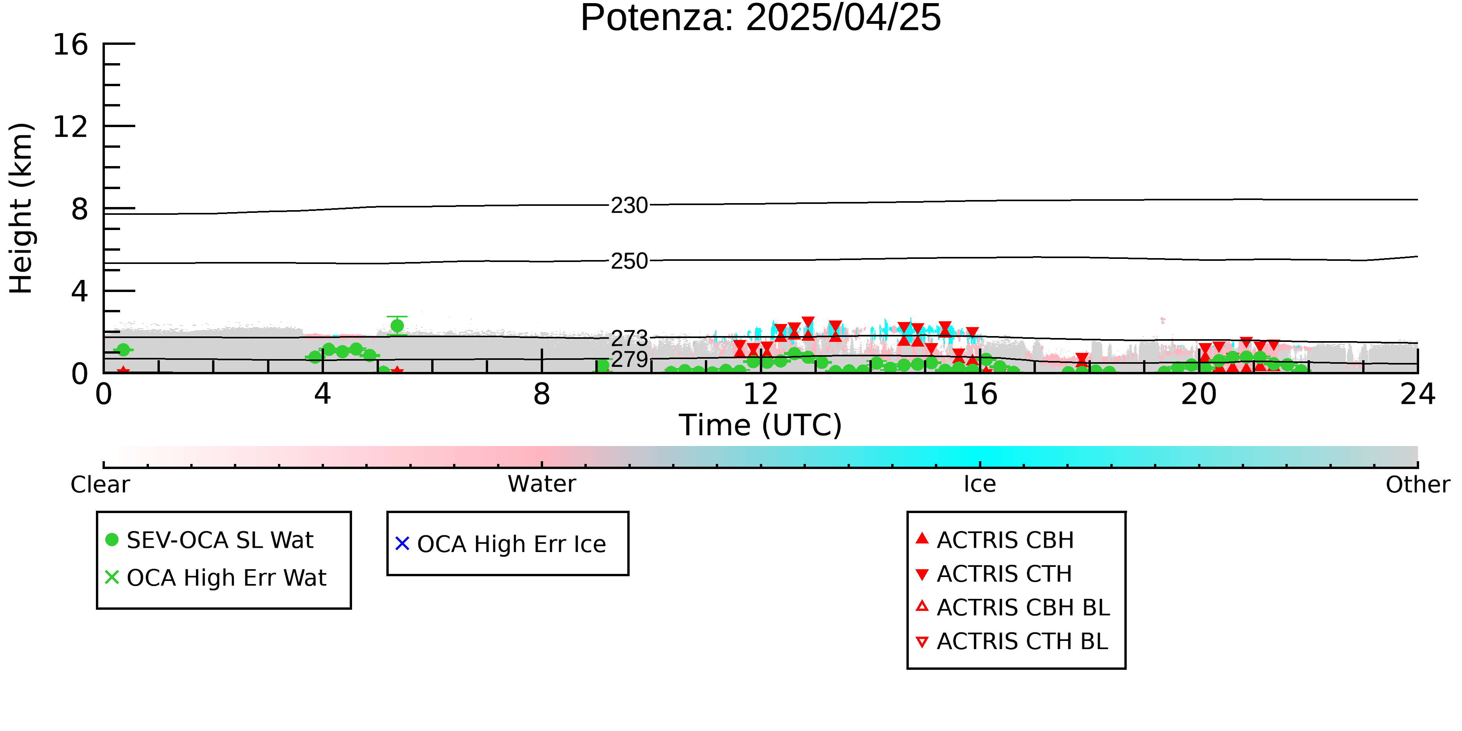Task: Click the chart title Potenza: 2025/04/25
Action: click(761, 18)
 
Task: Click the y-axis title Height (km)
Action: click(21, 208)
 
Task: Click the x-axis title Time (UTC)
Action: click(761, 425)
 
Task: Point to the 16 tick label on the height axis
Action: click(71, 44)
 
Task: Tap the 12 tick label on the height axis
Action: click(71, 127)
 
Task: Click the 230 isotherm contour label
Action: click(629, 205)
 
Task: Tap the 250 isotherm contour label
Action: click(629, 261)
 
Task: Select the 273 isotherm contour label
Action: click(629, 339)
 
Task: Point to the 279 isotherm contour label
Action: click(629, 359)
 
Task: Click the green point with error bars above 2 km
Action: click(397, 326)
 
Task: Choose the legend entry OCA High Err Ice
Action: click(501, 544)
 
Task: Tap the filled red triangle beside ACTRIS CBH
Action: click(922, 538)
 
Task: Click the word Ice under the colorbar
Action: click(980, 484)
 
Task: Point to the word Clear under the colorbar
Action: click(100, 485)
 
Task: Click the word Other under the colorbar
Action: click(1418, 485)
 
